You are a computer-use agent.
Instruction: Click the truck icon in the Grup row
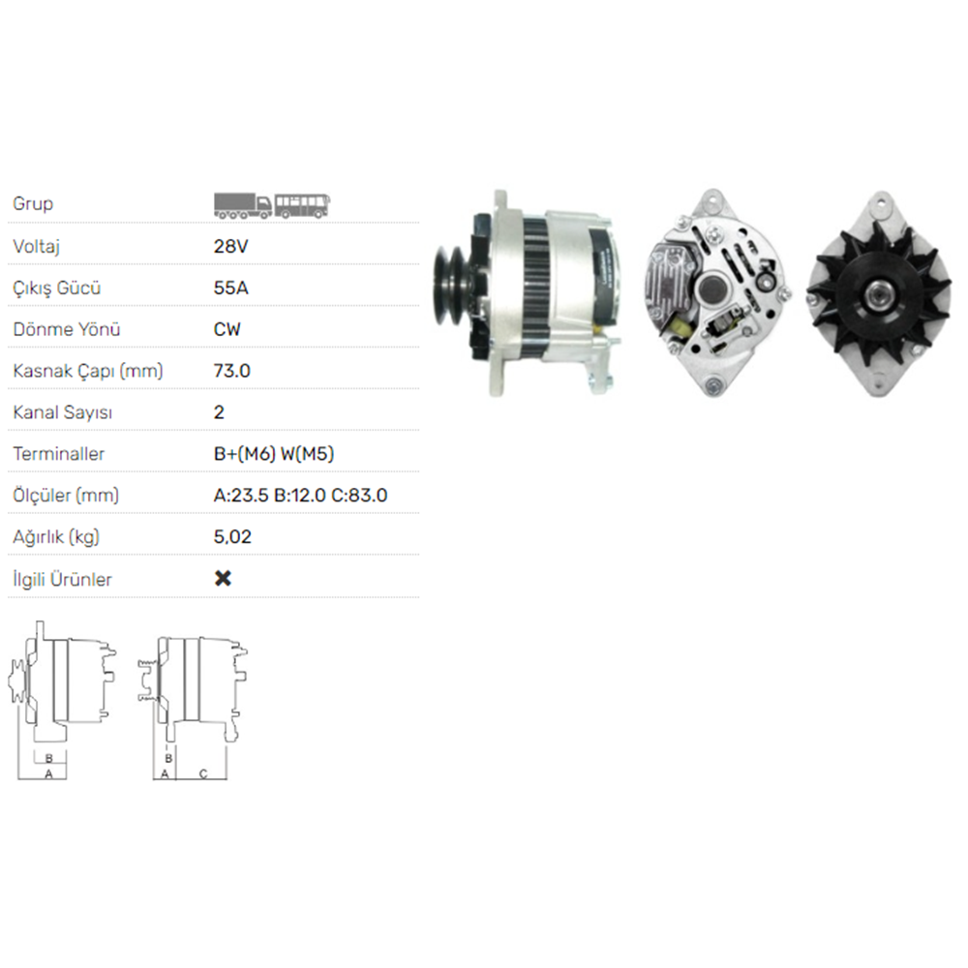pyautogui.click(x=243, y=205)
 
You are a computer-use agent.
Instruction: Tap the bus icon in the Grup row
pyautogui.click(x=302, y=205)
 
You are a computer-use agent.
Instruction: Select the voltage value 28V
pyautogui.click(x=231, y=246)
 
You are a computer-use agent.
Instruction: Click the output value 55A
pyautogui.click(x=231, y=287)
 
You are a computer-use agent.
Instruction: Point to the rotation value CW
pyautogui.click(x=227, y=329)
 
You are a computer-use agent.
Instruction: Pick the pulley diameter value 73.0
pyautogui.click(x=232, y=371)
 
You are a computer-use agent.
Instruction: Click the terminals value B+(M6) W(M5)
pyautogui.click(x=274, y=454)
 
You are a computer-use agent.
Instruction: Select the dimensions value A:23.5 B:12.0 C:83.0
pyautogui.click(x=301, y=495)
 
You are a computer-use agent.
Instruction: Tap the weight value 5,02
pyautogui.click(x=232, y=536)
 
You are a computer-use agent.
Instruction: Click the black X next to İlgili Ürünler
pyautogui.click(x=223, y=578)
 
